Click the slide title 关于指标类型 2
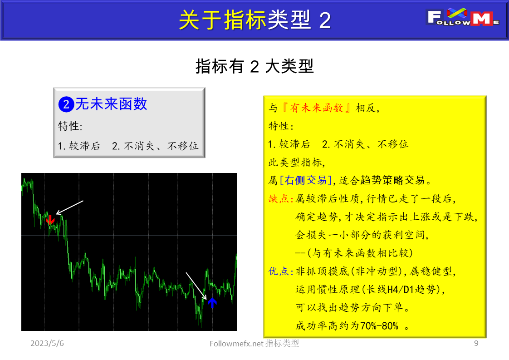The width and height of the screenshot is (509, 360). click(254, 20)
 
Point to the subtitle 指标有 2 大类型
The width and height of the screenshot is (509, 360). click(254, 67)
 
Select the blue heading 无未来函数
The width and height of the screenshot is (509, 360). click(111, 104)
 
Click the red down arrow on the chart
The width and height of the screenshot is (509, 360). click(50, 219)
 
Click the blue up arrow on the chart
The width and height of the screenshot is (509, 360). click(212, 302)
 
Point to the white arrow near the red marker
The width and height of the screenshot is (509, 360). click(70, 207)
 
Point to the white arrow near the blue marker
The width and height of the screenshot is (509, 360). click(196, 286)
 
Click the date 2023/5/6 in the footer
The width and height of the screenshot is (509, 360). click(47, 344)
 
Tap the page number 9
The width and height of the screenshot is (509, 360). click(476, 344)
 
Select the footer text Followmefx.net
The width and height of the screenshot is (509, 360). click(236, 344)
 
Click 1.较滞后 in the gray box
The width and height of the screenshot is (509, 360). click(79, 146)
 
